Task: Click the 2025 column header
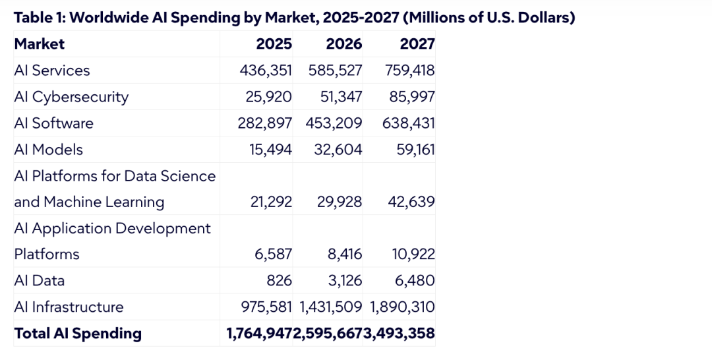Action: click(274, 44)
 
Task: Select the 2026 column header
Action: click(344, 44)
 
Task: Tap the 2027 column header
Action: click(417, 44)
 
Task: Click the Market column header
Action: click(40, 44)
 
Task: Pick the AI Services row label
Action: click(52, 71)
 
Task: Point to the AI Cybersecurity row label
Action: click(71, 97)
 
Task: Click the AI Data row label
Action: click(40, 281)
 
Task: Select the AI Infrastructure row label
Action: click(69, 307)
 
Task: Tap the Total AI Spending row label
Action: click(78, 333)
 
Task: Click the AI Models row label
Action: click(49, 150)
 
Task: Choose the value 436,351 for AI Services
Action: click(266, 71)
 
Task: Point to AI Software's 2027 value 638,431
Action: click(409, 123)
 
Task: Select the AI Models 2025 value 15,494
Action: click(271, 150)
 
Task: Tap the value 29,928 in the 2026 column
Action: click(340, 202)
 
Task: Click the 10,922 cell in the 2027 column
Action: click(413, 255)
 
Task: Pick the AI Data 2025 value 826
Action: click(280, 281)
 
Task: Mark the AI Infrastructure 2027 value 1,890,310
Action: click(402, 307)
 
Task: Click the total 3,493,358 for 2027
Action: click(400, 334)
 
